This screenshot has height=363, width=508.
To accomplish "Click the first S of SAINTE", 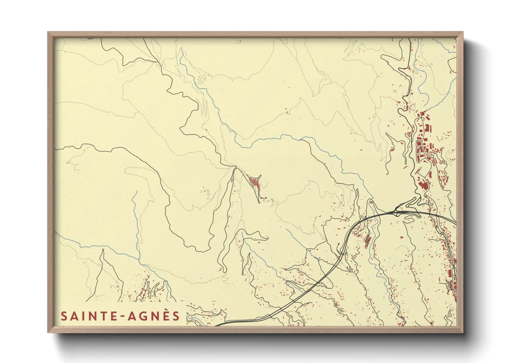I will [64, 316].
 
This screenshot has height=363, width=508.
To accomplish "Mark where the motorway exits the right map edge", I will [456, 224].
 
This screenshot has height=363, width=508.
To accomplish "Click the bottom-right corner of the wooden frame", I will [463, 332].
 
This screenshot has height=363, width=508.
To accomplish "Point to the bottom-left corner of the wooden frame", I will [48, 332].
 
